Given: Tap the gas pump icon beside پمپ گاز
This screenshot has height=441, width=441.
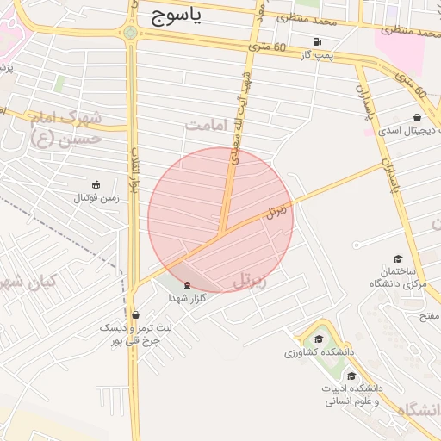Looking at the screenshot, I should click(x=319, y=41).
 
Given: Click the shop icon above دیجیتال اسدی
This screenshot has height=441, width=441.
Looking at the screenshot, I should click(x=418, y=118).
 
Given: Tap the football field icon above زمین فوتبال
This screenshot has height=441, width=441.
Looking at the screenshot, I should click(x=96, y=184).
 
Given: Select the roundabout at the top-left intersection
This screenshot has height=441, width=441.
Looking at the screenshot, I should click(x=131, y=34).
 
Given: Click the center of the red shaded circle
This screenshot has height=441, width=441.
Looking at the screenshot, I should click(x=220, y=220).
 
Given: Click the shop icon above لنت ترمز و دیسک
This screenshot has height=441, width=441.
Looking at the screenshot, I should click(x=135, y=314).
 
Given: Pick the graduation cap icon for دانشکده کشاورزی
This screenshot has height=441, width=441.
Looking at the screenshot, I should click(x=319, y=339).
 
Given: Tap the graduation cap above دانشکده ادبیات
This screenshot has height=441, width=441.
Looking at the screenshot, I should click(x=351, y=376).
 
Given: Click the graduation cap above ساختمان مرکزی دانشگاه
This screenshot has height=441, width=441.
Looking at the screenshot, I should click(x=397, y=258).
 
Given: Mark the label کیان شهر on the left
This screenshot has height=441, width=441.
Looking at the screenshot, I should click(x=30, y=282).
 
